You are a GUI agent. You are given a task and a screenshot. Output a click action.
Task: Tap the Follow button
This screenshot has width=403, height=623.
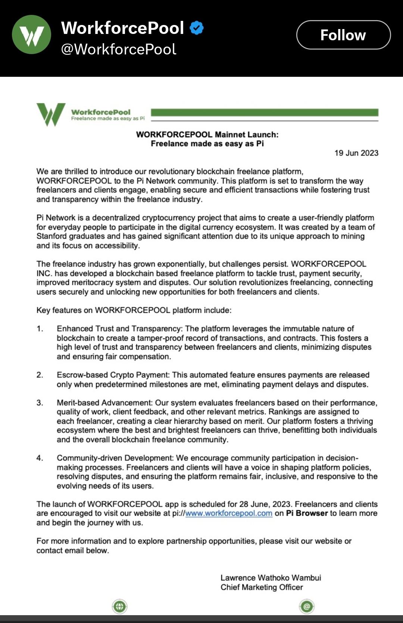(x=343, y=35)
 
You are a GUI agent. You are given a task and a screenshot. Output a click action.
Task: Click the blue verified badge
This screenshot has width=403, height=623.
(x=197, y=28)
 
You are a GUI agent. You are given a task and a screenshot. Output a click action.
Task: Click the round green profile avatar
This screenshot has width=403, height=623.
(x=31, y=35)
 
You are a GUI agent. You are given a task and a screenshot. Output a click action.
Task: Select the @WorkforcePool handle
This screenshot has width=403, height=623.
(x=118, y=49)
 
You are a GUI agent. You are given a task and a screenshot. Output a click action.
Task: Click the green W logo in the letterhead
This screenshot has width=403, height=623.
(x=51, y=114)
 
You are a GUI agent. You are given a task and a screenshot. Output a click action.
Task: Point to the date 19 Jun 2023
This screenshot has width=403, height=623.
(x=356, y=153)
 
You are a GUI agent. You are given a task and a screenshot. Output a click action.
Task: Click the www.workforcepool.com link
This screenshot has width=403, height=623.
(x=229, y=513)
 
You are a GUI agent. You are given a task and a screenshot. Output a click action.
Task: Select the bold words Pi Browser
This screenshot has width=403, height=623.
(x=307, y=513)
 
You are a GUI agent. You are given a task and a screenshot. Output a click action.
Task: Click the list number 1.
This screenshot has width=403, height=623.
(x=40, y=329)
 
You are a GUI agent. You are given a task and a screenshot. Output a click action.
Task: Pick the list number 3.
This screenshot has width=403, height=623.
(x=40, y=403)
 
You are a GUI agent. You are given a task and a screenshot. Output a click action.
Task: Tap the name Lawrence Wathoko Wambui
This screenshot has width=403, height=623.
(x=271, y=578)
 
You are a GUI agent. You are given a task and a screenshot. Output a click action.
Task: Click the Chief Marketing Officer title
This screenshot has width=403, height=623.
(x=262, y=587)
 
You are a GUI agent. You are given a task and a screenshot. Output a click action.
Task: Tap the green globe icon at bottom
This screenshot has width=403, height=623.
(x=120, y=606)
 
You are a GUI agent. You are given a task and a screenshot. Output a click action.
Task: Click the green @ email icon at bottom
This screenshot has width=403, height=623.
(x=307, y=606)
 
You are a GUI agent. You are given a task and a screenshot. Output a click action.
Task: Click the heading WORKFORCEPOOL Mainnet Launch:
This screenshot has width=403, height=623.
(x=207, y=135)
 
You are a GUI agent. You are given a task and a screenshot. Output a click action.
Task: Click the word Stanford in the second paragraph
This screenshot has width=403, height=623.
(x=52, y=236)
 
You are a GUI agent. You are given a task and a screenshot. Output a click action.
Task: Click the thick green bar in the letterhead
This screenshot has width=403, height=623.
(x=265, y=113)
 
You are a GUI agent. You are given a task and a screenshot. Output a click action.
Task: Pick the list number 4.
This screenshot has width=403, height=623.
(x=40, y=458)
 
